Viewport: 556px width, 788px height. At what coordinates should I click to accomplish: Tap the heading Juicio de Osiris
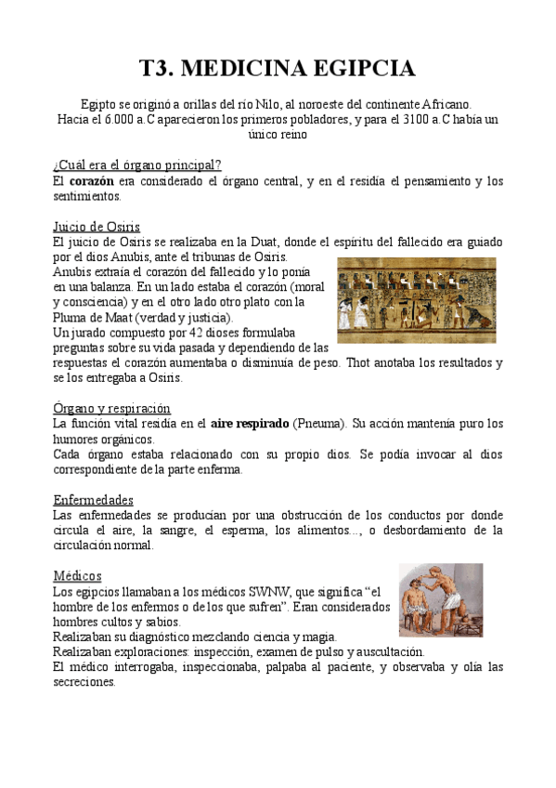pos(97,226)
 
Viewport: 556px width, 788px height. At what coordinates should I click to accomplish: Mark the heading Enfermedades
pos(93,499)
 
